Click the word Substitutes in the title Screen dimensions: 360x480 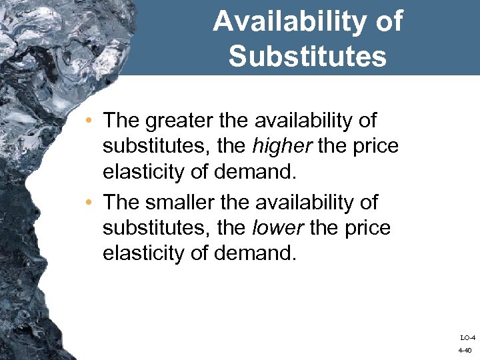(307, 57)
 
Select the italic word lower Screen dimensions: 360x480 (275, 228)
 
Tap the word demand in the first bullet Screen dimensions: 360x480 (261, 172)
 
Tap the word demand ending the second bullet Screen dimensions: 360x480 (261, 253)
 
